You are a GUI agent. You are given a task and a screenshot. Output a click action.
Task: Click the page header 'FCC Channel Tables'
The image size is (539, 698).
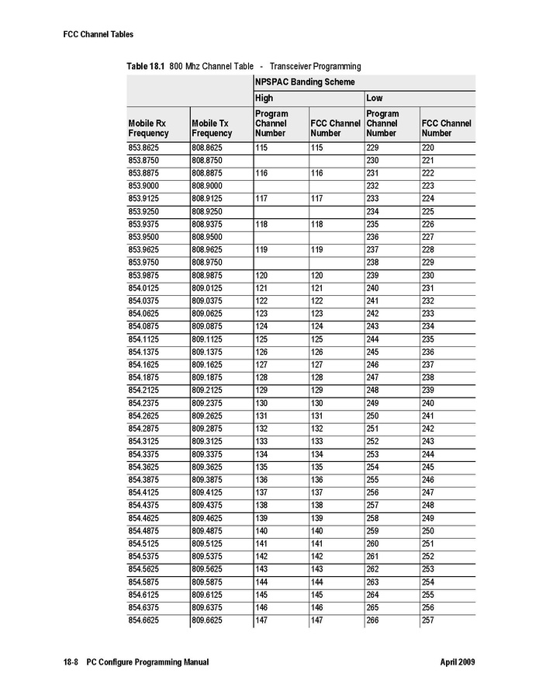coord(98,34)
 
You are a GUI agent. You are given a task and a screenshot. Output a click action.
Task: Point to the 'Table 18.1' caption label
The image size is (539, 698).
coord(146,67)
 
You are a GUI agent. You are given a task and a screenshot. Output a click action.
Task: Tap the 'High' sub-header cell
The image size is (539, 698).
coord(264,99)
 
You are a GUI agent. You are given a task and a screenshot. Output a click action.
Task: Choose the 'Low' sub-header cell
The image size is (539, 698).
coord(374,99)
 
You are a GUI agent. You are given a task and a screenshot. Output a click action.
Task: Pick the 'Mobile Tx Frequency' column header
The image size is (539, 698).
coord(212,128)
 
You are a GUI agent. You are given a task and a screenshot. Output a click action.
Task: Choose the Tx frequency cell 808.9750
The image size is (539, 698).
coord(207,262)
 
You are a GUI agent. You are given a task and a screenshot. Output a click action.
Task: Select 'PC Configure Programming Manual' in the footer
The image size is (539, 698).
coord(147,662)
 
